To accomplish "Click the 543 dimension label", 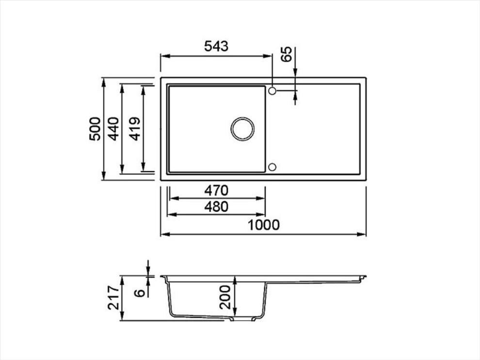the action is click(x=216, y=46).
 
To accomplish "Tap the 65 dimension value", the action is click(x=287, y=54).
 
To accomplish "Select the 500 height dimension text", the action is click(x=95, y=129).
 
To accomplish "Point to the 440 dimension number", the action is click(x=114, y=129).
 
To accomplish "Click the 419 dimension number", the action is click(x=135, y=129).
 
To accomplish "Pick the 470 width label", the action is click(x=216, y=191).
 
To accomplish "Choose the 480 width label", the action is click(x=216, y=207).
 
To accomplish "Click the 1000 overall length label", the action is click(x=263, y=225).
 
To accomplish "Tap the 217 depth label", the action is click(x=113, y=298).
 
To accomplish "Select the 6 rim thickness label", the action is click(x=140, y=293).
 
